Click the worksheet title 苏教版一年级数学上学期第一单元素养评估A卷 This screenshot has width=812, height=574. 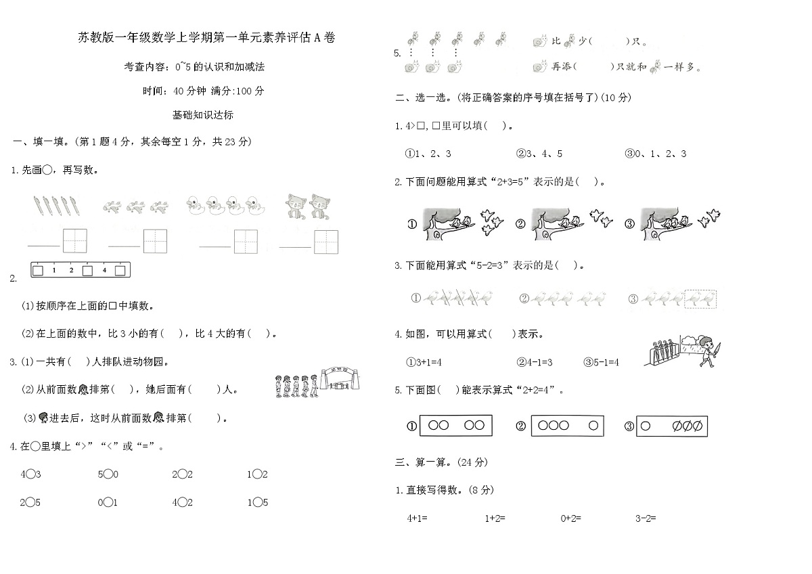click(x=206, y=39)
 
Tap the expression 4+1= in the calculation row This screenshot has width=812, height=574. click(x=417, y=518)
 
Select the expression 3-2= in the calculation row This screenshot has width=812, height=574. click(x=646, y=518)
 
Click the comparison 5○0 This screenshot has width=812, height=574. click(x=108, y=474)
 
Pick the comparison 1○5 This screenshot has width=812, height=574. click(x=257, y=502)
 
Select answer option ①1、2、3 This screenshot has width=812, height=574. click(x=428, y=154)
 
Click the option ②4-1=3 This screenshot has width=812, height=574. click(x=535, y=362)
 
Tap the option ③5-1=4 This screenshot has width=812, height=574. click(x=600, y=362)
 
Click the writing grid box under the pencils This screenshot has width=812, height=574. click(x=74, y=240)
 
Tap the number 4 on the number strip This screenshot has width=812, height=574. click(x=104, y=271)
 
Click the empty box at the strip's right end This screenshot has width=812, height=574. click(x=120, y=271)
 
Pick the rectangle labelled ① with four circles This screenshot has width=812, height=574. click(x=455, y=426)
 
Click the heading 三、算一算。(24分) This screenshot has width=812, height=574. click(x=441, y=462)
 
